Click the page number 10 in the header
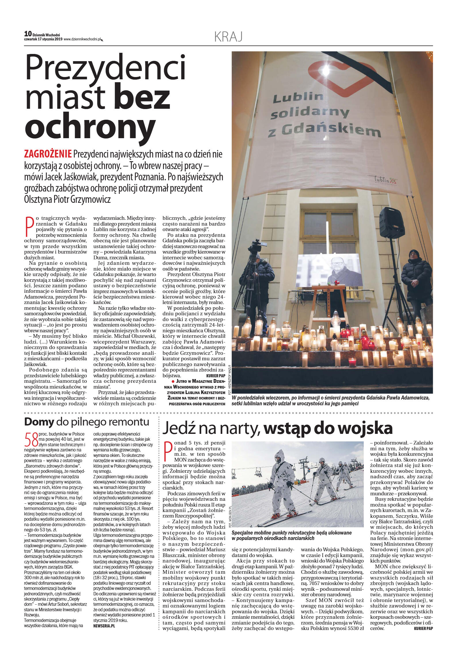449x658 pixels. [28, 34]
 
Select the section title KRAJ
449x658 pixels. [228, 37]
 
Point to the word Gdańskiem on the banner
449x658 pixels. [331, 130]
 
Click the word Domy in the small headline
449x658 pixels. [39, 422]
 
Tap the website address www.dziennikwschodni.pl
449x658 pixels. [82, 39]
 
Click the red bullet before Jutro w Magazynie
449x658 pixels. [173, 381]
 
